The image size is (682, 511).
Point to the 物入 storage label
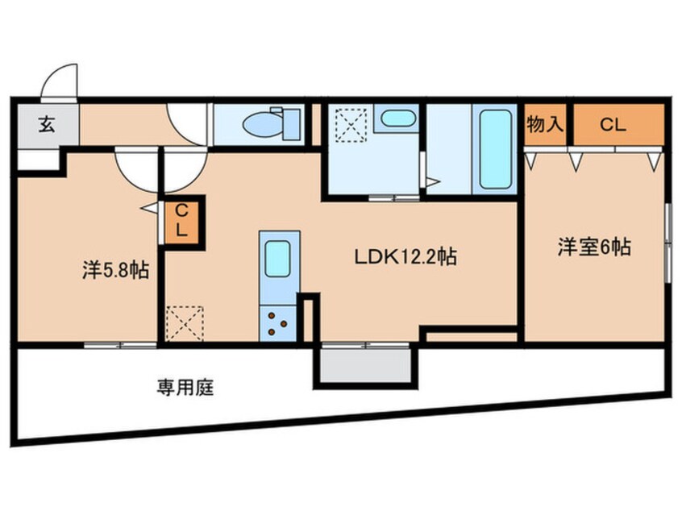click(546, 125)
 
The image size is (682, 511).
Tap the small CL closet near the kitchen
click(182, 220)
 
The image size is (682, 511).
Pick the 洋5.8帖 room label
click(114, 269)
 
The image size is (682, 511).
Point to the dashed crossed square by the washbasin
click(351, 124)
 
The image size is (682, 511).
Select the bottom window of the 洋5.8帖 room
click(119, 345)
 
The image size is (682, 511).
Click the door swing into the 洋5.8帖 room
click(135, 168)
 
